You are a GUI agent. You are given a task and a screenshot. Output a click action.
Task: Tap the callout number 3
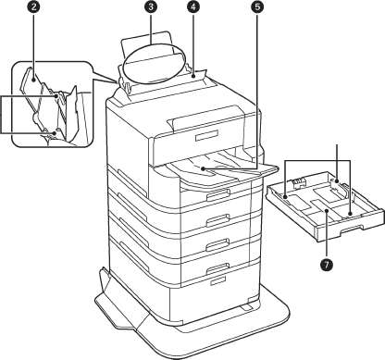click(x=150, y=6)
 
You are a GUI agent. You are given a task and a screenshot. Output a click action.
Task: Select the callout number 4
click(x=193, y=6)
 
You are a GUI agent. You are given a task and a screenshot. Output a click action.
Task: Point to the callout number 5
click(x=256, y=6)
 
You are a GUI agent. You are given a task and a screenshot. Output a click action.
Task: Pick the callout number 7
click(x=327, y=265)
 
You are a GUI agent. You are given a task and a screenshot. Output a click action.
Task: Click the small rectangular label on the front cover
click(x=206, y=135)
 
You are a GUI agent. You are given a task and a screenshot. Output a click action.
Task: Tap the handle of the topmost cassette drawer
click(x=218, y=194)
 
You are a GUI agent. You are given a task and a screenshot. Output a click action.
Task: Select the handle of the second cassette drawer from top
click(x=218, y=218)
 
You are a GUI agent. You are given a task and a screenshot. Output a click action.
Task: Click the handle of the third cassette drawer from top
click(x=218, y=243)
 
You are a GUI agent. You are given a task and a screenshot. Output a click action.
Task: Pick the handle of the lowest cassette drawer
click(x=218, y=267)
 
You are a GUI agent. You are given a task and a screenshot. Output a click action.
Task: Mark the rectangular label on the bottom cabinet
click(x=218, y=280)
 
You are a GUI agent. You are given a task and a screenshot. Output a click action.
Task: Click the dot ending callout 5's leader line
click(x=203, y=168)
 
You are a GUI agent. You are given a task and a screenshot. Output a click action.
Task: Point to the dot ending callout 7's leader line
click(x=327, y=210)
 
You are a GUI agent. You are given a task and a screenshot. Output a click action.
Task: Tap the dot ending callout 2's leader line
click(x=34, y=79)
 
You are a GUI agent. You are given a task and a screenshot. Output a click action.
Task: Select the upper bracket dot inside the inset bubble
click(x=56, y=96)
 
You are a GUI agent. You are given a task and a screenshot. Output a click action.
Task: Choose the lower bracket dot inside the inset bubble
click(x=55, y=133)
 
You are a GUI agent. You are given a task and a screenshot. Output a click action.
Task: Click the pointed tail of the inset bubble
click(x=117, y=82)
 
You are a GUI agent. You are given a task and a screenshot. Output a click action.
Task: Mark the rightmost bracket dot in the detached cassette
click(x=350, y=214)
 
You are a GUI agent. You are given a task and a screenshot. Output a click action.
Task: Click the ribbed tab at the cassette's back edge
click(x=297, y=182)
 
